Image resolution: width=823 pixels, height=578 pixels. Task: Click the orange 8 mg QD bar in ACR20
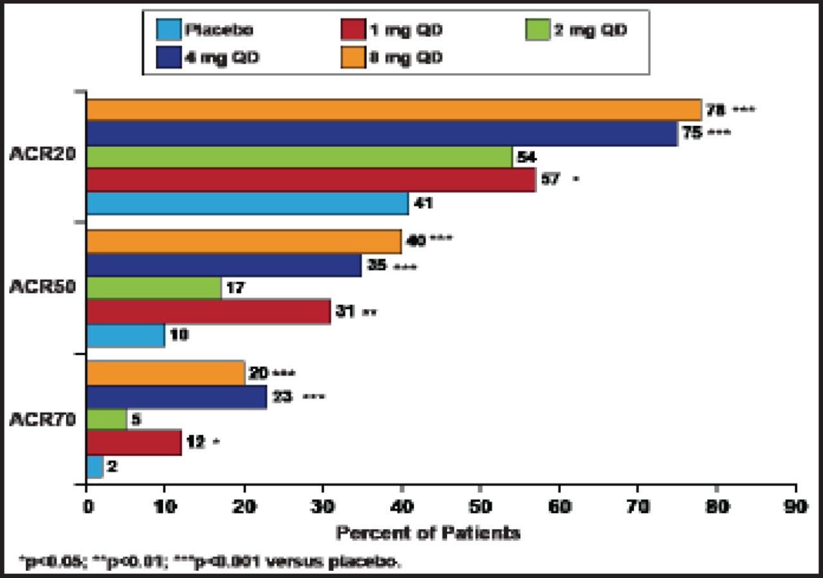pos(392,110)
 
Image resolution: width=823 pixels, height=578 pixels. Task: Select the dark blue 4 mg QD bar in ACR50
pos(223,265)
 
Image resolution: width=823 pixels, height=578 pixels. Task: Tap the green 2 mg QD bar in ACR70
pos(106,419)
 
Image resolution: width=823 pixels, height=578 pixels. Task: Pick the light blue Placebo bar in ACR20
pos(247,204)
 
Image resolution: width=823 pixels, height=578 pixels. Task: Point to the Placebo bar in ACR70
pos(94,467)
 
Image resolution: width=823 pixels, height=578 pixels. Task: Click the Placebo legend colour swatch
pos(167,30)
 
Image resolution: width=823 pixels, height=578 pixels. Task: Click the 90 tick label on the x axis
pos(796,506)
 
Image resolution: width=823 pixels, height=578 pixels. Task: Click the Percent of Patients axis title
pos(428,533)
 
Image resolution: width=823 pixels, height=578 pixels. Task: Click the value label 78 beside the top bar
pos(714,110)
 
